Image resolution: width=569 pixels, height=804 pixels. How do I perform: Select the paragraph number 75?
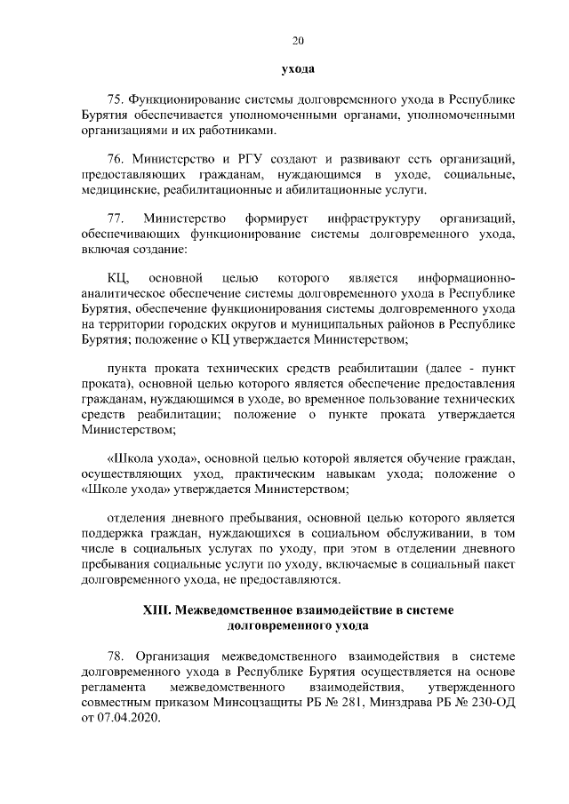click(x=114, y=99)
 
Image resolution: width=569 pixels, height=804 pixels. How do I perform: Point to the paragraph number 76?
click(x=114, y=159)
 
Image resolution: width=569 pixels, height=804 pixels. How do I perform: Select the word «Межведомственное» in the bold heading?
click(x=236, y=610)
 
